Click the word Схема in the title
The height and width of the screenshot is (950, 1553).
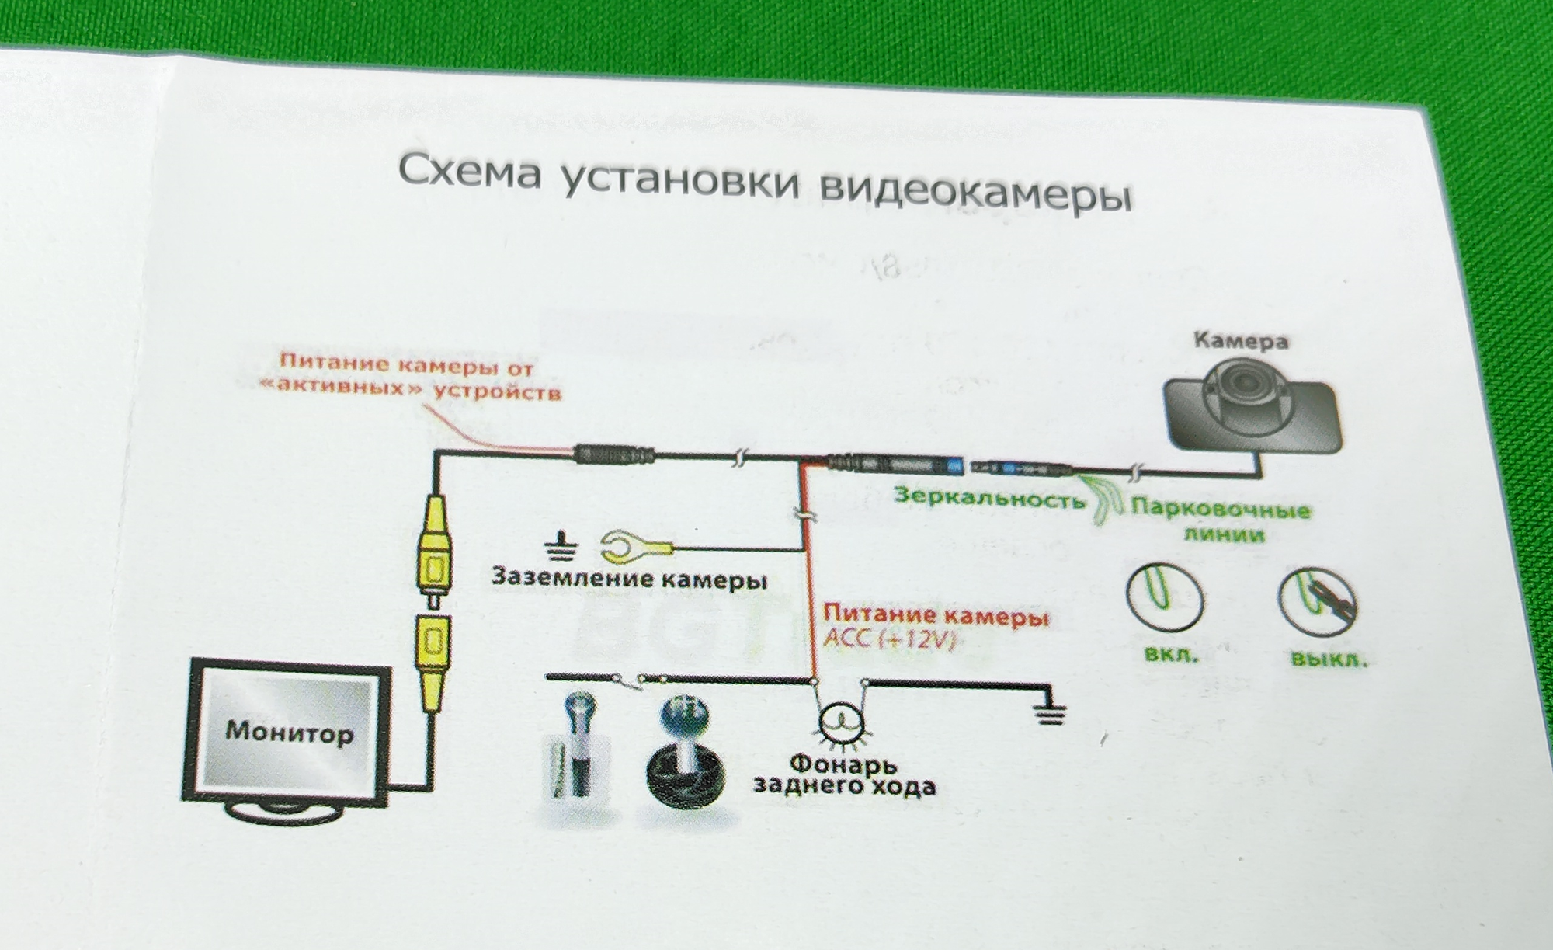(469, 172)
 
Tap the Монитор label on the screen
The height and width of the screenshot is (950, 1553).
(289, 732)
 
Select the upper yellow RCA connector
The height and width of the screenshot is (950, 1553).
(431, 552)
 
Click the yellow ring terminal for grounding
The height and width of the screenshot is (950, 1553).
(634, 547)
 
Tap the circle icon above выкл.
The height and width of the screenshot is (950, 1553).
(1318, 602)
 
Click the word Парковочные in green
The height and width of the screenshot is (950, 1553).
(1220, 510)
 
